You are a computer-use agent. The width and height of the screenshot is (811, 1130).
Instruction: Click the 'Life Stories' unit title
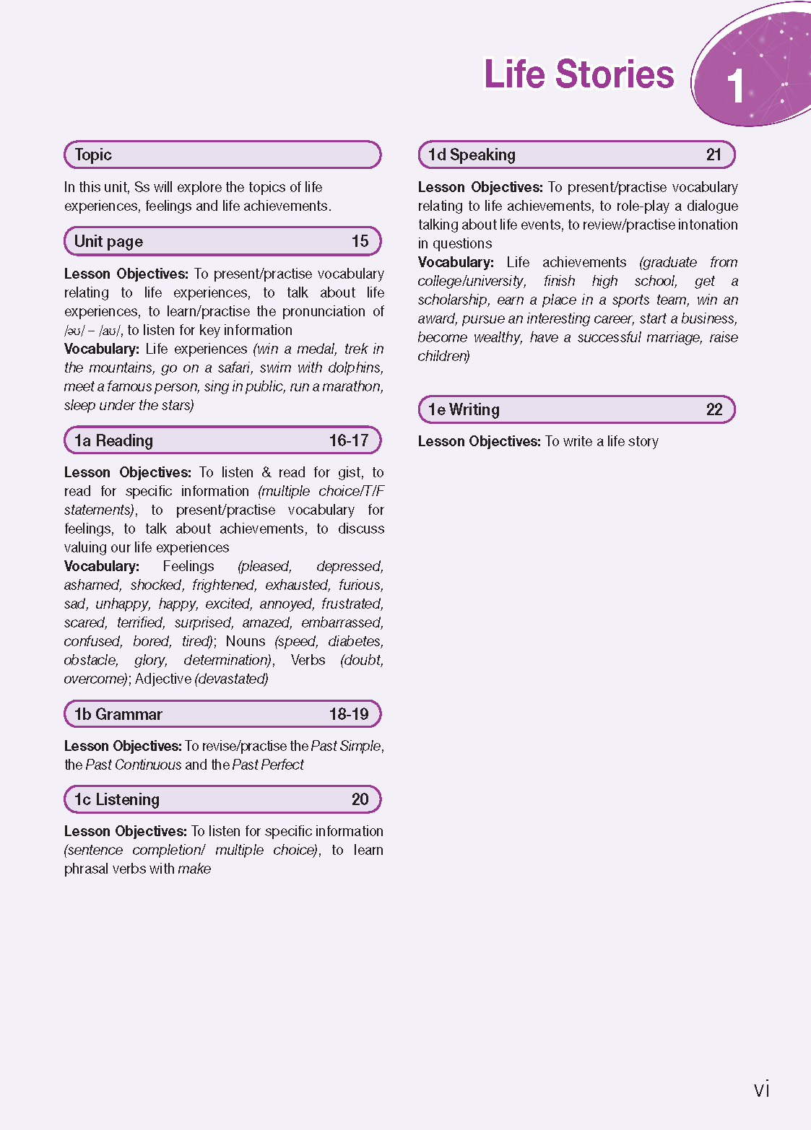point(578,74)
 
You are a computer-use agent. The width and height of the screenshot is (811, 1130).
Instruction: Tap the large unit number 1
point(735,86)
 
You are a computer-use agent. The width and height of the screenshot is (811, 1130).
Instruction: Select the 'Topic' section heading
point(93,155)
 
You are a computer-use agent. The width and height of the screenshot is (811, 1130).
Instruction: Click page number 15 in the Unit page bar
point(360,241)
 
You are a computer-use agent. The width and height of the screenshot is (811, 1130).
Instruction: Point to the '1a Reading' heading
point(113,440)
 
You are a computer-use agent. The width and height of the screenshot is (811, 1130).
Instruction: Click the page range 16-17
point(349,440)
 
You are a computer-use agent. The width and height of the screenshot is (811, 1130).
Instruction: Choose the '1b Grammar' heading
point(118,714)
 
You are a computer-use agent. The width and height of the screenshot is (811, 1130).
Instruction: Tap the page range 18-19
point(349,714)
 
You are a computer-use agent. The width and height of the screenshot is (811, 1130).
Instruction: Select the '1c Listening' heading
point(116,799)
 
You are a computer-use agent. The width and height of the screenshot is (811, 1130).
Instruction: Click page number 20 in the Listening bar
point(360,799)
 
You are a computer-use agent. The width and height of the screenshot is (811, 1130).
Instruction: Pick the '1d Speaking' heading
point(472,155)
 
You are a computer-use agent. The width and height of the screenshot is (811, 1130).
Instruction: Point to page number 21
point(714,155)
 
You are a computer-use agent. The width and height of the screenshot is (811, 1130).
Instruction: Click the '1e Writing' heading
point(464,409)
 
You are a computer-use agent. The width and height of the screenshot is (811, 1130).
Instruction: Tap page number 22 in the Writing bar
point(714,409)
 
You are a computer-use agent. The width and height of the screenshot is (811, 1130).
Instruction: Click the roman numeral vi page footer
point(761,1089)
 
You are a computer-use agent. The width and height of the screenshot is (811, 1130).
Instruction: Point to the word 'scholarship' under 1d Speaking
point(452,300)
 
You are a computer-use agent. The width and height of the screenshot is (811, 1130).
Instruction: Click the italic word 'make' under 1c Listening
point(194,869)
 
